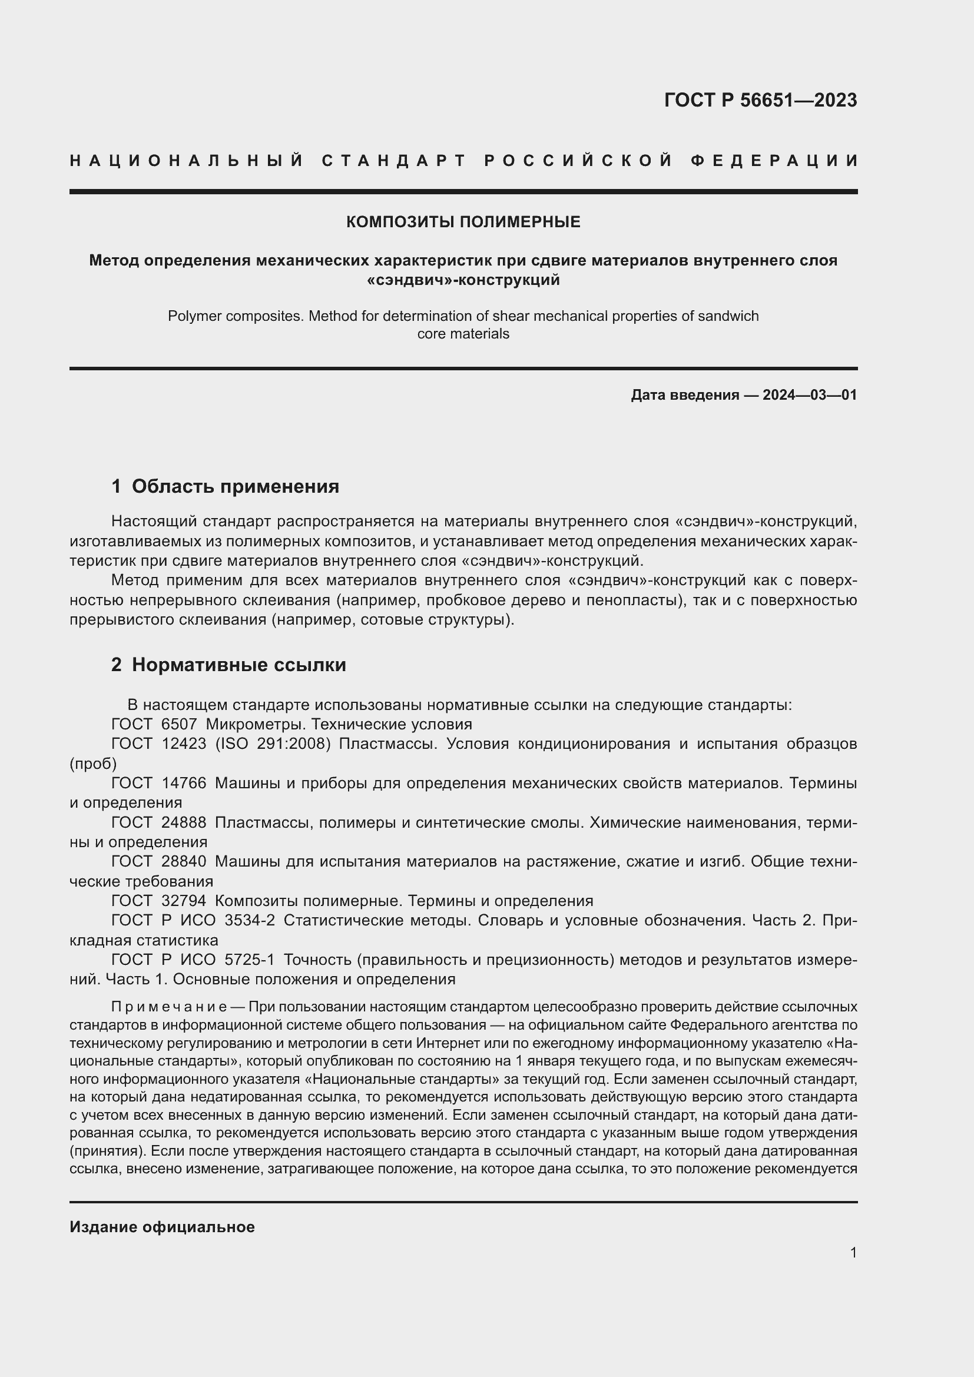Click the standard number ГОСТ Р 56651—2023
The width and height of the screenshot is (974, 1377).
point(760,100)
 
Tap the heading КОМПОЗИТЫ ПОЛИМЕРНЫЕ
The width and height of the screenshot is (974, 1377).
point(463,222)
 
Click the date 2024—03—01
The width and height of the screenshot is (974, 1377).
point(810,394)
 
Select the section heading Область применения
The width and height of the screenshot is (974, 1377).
point(235,486)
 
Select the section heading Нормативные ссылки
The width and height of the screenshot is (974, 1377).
point(238,665)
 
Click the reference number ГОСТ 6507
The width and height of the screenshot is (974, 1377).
point(154,724)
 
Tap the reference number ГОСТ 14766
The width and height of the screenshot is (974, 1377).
point(158,782)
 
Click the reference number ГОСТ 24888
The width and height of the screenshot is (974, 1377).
point(158,822)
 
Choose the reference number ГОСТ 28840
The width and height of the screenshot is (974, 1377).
point(158,861)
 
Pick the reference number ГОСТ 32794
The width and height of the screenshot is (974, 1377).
point(158,901)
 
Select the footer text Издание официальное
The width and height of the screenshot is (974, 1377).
point(162,1227)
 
